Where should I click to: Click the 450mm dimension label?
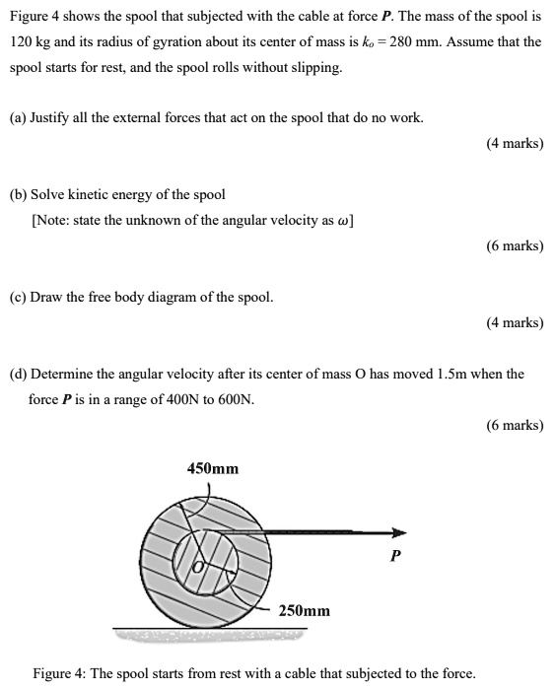click(213, 468)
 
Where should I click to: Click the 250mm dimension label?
click(305, 611)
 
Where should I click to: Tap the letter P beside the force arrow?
click(394, 555)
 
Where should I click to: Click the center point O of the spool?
click(196, 568)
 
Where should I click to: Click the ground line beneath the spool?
click(209, 629)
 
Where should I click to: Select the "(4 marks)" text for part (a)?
click(515, 144)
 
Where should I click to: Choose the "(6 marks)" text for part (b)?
click(515, 245)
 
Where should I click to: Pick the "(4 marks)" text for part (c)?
click(515, 322)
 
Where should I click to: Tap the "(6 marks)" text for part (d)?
click(515, 426)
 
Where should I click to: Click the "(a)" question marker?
click(18, 118)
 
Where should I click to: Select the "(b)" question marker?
click(19, 194)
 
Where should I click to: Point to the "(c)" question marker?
click(18, 297)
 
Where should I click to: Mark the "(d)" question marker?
click(19, 375)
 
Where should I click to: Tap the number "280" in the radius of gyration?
click(407, 42)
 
